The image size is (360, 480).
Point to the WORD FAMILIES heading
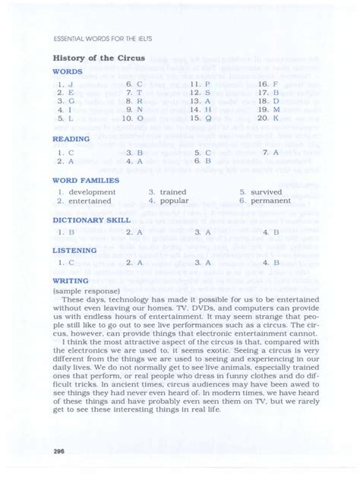click(x=86, y=181)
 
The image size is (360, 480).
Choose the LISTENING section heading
click(x=74, y=250)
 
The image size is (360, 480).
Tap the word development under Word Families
click(x=92, y=192)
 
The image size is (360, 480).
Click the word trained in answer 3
click(x=173, y=192)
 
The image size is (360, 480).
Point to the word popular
click(x=174, y=201)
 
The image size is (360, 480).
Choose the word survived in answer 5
click(x=266, y=192)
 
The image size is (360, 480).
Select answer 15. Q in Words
click(x=201, y=119)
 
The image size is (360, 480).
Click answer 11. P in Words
click(x=201, y=84)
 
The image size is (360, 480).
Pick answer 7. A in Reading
click(x=271, y=152)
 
